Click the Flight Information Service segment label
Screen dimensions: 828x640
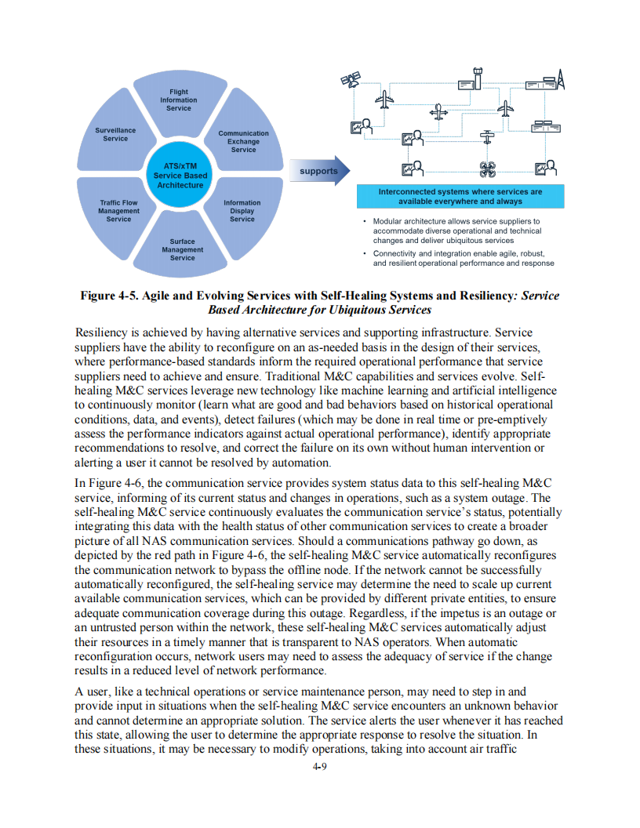tap(179, 100)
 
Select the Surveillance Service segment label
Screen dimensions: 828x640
tap(115, 134)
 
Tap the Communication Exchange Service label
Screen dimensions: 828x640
tap(243, 141)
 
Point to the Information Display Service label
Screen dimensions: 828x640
tap(242, 211)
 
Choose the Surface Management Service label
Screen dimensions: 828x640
tap(182, 249)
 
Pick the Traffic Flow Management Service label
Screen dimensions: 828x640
tap(118, 211)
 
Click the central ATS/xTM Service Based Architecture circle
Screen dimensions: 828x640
tap(180, 176)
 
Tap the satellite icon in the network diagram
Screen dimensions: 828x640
tap(350, 80)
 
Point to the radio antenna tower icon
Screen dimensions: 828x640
tap(559, 78)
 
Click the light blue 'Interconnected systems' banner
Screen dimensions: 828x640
tap(460, 196)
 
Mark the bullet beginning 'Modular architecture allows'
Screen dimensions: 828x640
tap(456, 231)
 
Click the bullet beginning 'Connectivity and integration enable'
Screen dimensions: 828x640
tap(463, 259)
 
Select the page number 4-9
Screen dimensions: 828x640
tap(319, 767)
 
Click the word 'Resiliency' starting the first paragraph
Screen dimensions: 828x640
tap(102, 333)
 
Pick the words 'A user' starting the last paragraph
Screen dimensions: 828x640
tap(93, 692)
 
